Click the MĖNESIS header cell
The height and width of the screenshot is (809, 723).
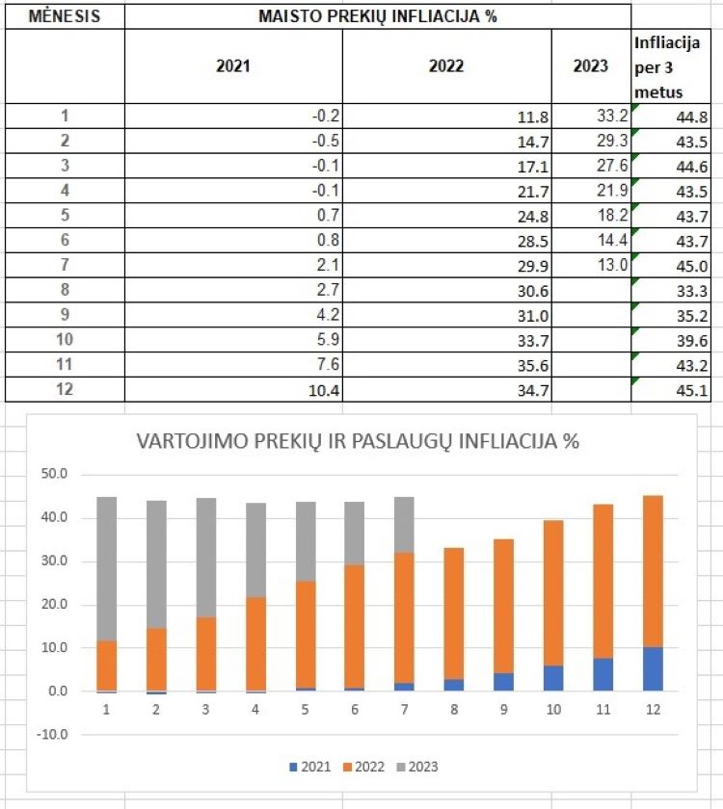pyautogui.click(x=65, y=16)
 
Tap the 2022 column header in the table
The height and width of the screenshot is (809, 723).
pyautogui.click(x=446, y=66)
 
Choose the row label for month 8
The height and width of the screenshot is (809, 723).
pyautogui.click(x=65, y=290)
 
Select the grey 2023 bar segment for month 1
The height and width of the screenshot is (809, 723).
pyautogui.click(x=106, y=568)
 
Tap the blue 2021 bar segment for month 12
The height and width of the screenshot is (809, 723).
pyautogui.click(x=654, y=669)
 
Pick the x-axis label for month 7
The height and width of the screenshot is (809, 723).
pyautogui.click(x=405, y=708)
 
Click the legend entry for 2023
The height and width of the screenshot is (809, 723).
pyautogui.click(x=416, y=767)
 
